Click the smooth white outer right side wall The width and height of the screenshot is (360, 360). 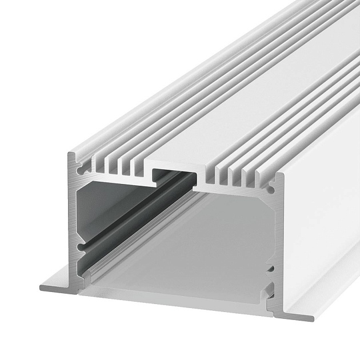320,229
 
